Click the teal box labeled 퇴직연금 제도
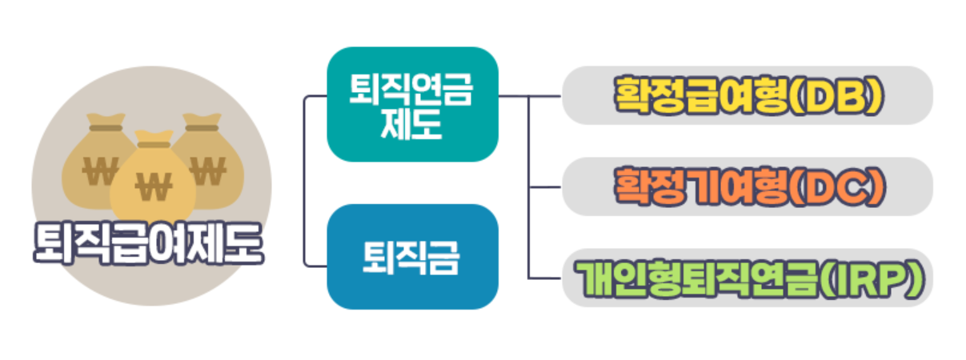tap(412, 105)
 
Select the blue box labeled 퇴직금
tap(412, 257)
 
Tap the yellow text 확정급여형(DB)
tap(748, 95)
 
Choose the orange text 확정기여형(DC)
tap(748, 186)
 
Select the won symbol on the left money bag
tap(100, 170)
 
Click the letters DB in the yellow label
tap(840, 95)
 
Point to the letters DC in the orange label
tap(840, 186)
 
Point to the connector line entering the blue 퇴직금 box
tap(316, 265)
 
